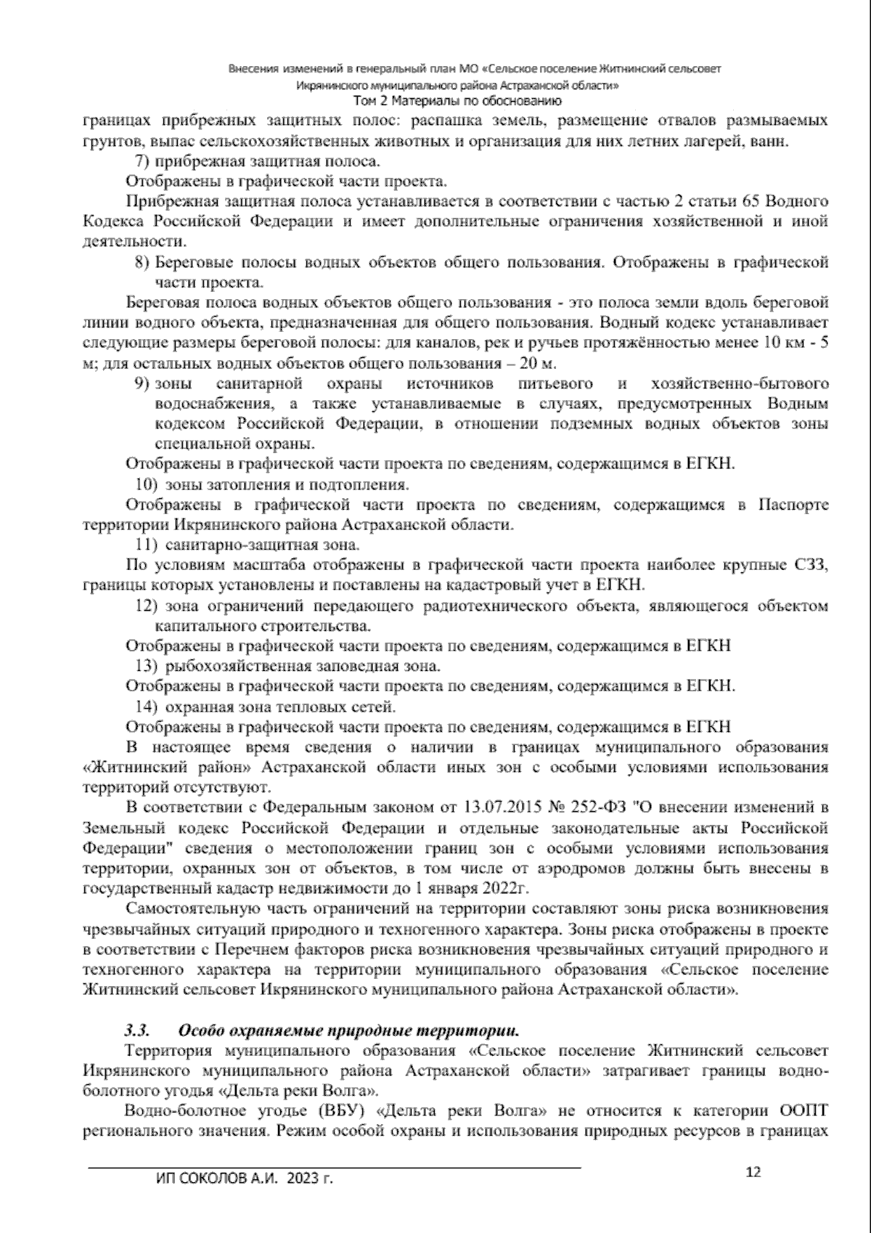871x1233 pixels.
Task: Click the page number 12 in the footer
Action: (753, 1171)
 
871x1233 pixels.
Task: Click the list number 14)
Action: (148, 706)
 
